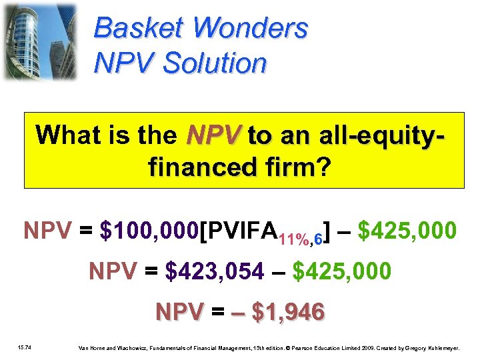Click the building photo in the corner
(x=40, y=41)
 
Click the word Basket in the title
(x=137, y=28)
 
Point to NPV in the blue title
(x=124, y=63)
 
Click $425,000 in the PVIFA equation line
(x=407, y=231)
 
